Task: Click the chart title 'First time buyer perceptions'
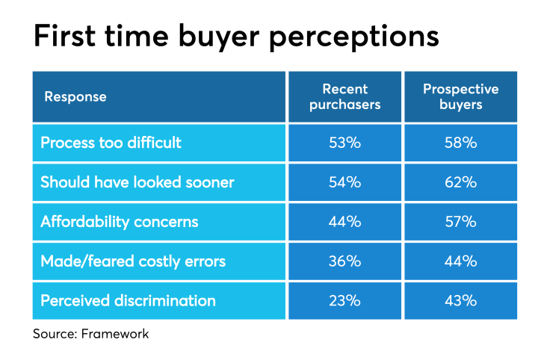click(x=235, y=35)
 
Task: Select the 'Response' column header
click(x=75, y=97)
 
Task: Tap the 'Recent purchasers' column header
click(x=345, y=97)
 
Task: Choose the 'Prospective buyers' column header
click(x=460, y=97)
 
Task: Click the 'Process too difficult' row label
click(x=111, y=143)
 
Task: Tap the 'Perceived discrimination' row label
click(x=128, y=301)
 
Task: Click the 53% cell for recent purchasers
click(x=345, y=143)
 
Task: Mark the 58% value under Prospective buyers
click(x=460, y=143)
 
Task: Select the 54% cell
click(x=345, y=182)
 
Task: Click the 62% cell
click(x=460, y=182)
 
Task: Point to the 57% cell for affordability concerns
click(x=460, y=222)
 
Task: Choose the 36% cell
click(x=345, y=261)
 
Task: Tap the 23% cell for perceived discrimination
click(x=345, y=301)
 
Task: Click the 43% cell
click(x=460, y=301)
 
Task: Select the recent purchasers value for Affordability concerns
click(x=345, y=222)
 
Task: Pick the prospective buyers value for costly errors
click(x=460, y=261)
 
